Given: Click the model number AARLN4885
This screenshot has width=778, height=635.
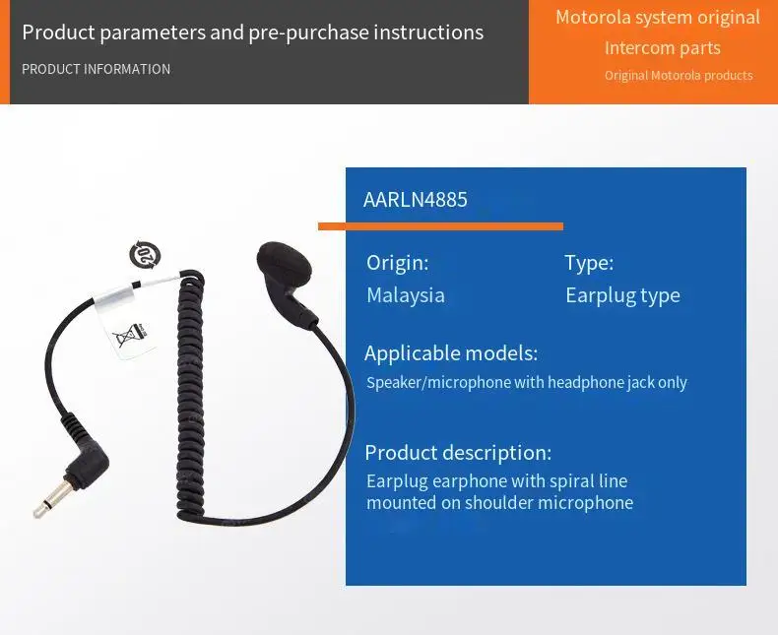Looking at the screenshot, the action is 416,200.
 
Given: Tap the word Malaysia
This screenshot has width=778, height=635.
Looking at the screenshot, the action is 406,295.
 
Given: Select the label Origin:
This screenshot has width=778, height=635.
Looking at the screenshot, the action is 397,263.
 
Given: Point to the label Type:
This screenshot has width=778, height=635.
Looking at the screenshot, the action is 589,263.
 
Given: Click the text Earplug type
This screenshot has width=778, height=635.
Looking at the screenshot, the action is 622,295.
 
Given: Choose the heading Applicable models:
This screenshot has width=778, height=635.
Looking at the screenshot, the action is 451,353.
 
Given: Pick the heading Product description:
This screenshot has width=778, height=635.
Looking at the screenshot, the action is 458,453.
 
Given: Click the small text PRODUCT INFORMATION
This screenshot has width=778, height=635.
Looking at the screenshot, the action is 96,69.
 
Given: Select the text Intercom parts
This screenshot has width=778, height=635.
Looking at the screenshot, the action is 663,48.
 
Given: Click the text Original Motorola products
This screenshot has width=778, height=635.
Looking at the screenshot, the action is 679,76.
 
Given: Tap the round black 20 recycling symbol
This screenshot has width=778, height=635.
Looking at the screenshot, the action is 145,255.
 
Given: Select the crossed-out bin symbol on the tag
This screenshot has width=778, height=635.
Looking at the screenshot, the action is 125,338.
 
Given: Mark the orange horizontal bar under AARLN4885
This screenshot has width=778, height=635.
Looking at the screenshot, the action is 440,226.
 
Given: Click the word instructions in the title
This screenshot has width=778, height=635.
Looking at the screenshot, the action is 428,32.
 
